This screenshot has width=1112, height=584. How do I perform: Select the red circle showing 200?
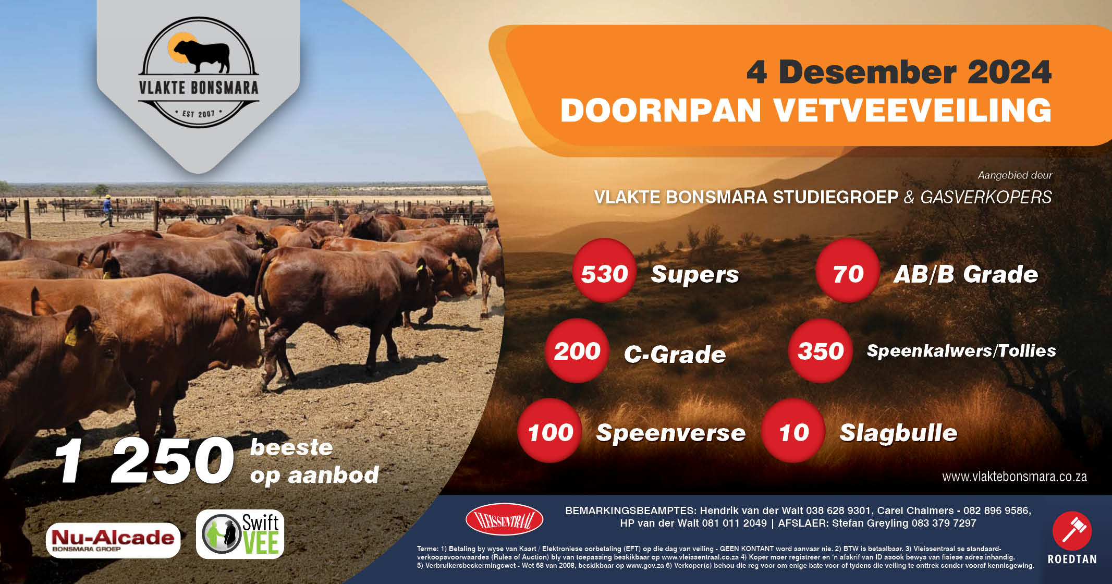point(577,351)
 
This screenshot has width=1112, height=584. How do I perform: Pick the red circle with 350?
point(820,351)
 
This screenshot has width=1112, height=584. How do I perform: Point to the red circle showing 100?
point(549,431)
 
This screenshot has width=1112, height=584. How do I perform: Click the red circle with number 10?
point(793,431)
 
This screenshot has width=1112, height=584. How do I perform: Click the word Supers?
point(694,274)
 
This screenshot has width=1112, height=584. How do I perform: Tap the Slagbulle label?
point(898,433)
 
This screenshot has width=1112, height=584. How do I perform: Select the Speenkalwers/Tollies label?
point(961,351)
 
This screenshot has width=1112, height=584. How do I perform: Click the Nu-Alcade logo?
point(113,540)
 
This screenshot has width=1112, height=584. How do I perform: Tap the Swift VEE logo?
point(240,534)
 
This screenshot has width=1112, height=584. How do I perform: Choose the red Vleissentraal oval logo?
point(504,519)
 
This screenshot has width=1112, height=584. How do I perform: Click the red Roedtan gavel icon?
point(1072,531)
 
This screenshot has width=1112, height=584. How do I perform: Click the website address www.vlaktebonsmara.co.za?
point(1014,477)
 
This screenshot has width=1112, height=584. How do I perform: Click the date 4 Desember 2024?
point(898,72)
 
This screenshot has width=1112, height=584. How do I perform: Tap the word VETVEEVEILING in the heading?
point(912,111)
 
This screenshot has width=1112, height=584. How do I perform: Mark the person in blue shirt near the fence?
point(107,210)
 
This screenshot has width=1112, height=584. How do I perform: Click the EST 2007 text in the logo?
point(199,113)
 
